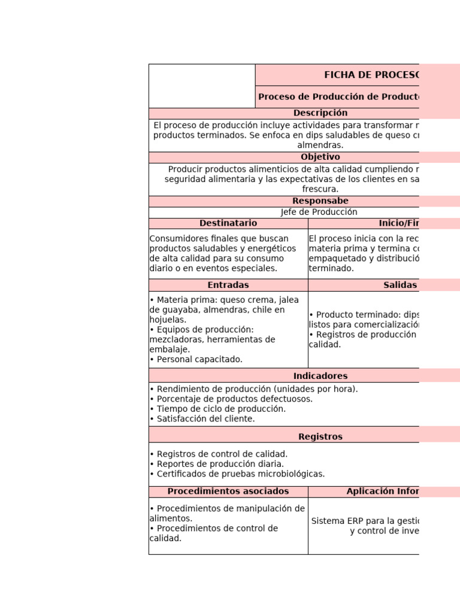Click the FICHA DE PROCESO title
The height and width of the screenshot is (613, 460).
pyautogui.click(x=371, y=75)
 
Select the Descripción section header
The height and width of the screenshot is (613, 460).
pyautogui.click(x=320, y=113)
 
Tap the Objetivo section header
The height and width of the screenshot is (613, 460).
pyautogui.click(x=320, y=157)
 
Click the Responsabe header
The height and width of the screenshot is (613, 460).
pyautogui.click(x=320, y=201)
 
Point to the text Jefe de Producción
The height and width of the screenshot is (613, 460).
pyautogui.click(x=319, y=212)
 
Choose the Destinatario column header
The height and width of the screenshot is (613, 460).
pyautogui.click(x=228, y=223)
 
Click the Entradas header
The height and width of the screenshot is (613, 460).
pyautogui.click(x=228, y=285)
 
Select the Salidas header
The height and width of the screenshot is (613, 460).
pyautogui.click(x=400, y=285)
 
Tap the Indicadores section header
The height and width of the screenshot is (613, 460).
pyautogui.click(x=320, y=376)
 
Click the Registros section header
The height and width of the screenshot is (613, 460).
pyautogui.click(x=320, y=437)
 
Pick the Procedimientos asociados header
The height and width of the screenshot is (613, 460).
pyautogui.click(x=228, y=491)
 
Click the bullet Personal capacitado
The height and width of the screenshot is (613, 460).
pyautogui.click(x=196, y=359)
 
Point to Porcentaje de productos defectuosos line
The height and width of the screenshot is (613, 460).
pyautogui.click(x=231, y=399)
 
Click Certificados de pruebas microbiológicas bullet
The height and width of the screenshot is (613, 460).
pyautogui.click(x=237, y=474)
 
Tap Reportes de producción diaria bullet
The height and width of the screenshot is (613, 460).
pyautogui.click(x=217, y=464)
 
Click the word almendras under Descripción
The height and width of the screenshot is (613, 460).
pyautogui.click(x=320, y=145)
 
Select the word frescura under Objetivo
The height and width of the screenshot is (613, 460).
pyautogui.click(x=320, y=189)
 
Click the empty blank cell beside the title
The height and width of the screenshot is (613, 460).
pyautogui.click(x=202, y=86)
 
